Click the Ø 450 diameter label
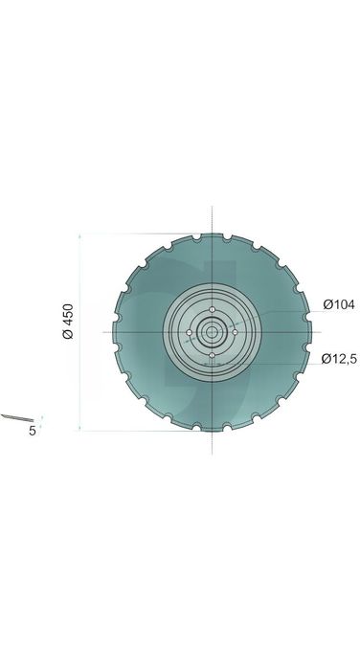point(68,322)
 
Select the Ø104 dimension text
point(339,304)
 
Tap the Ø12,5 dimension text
point(339,359)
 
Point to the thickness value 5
point(33,431)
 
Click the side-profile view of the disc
point(17,417)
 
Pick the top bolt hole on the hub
point(213,309)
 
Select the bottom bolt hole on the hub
point(213,355)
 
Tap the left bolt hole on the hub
point(190,332)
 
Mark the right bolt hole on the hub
point(235,332)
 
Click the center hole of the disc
point(213,332)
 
